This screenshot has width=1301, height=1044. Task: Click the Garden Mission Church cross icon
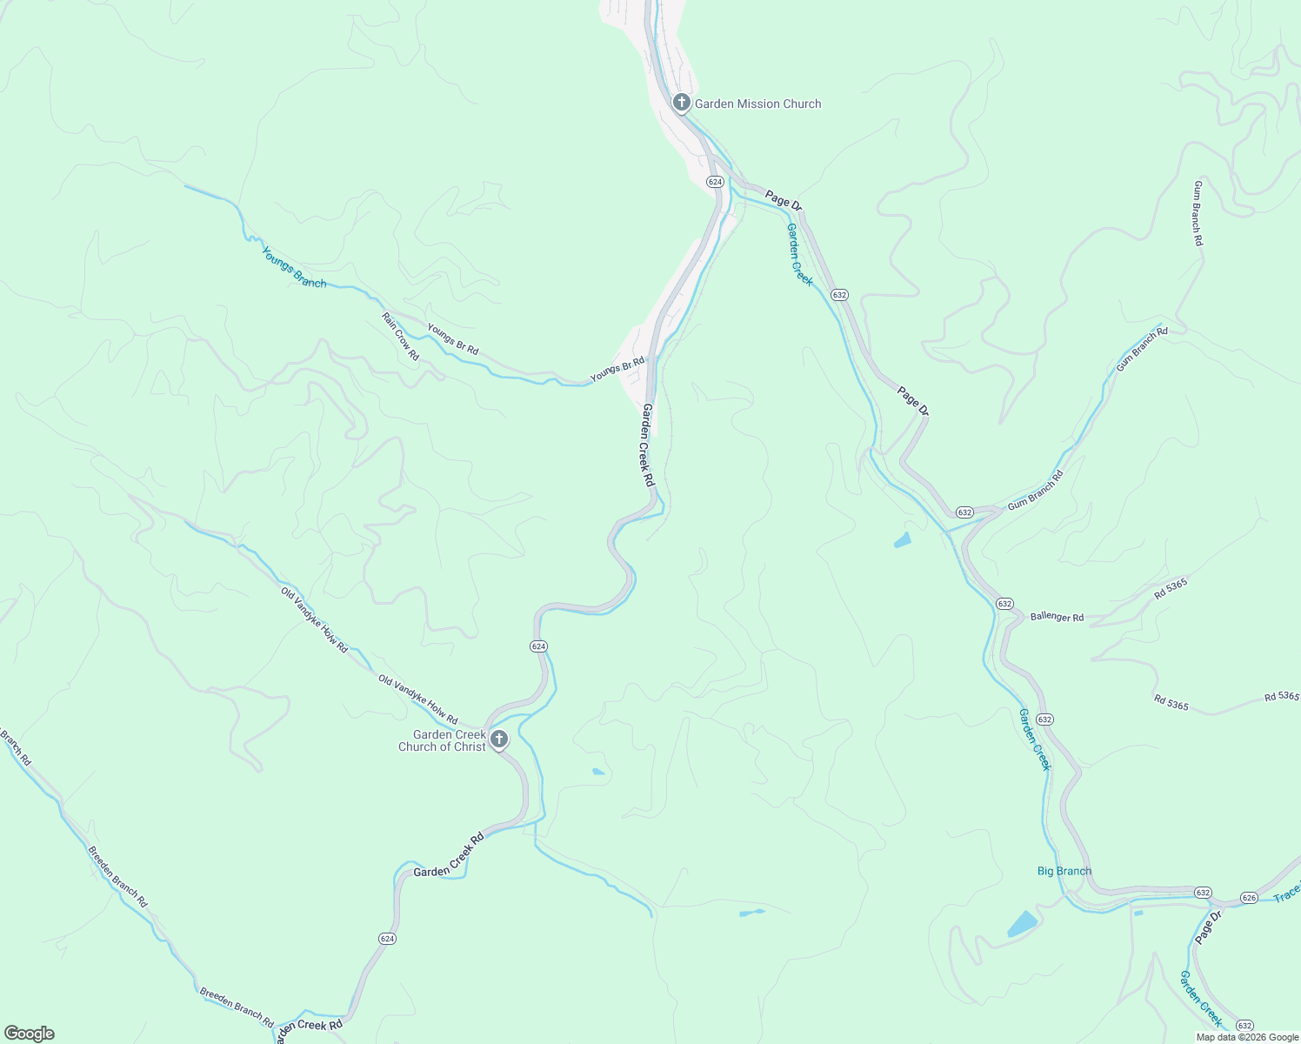[682, 103]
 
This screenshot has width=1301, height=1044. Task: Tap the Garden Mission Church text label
[757, 104]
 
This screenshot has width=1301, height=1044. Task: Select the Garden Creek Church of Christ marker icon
[499, 739]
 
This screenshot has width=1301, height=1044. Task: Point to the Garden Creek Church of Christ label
[443, 740]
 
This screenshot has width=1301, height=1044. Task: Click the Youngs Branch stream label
[294, 267]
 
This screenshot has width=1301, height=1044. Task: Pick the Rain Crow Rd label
[400, 337]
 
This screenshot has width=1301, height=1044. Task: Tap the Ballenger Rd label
[1057, 617]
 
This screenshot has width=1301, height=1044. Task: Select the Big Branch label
[1064, 871]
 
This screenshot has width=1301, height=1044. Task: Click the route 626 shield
[1249, 898]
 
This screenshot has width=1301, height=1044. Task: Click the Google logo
[29, 1034]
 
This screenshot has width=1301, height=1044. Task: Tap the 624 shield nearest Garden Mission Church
[715, 182]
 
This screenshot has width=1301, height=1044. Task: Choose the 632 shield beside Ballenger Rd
[1004, 604]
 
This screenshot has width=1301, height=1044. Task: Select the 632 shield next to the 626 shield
[1203, 893]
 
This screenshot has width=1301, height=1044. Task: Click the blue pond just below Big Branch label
[1023, 924]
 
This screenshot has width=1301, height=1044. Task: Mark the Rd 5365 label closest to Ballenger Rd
[1171, 589]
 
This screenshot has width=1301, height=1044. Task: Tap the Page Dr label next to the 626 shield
[1208, 926]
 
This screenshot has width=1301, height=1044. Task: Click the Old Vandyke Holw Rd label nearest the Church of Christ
[417, 699]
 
